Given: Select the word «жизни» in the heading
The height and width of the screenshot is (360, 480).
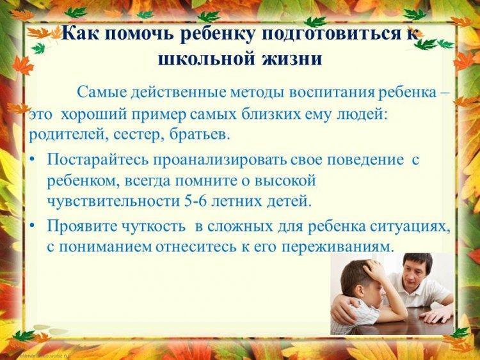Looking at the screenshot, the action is (x=292, y=58).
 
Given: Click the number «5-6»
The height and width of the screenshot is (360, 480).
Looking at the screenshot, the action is (x=195, y=201).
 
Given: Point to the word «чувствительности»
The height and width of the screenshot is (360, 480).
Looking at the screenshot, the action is (x=113, y=201).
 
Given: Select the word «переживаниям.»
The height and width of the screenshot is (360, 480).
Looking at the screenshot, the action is (x=337, y=247).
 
